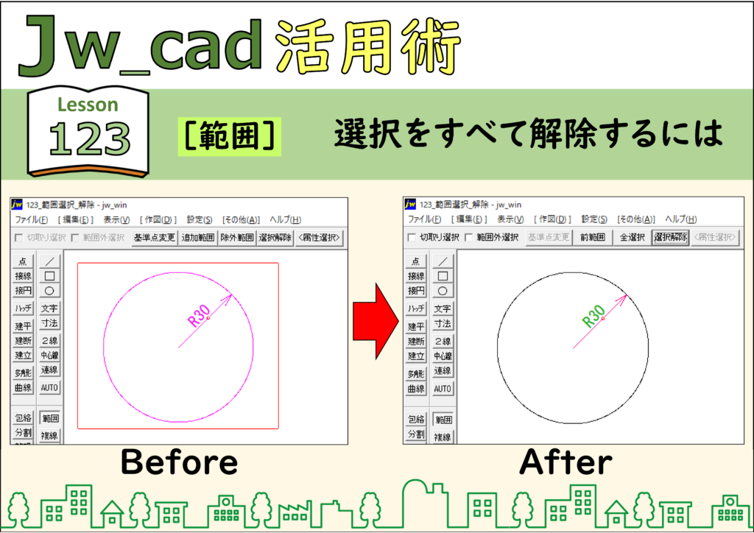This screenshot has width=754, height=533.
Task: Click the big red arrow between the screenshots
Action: pos(376,322)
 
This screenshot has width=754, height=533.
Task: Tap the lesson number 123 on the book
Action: pos(89,138)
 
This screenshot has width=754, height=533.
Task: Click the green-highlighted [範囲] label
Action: pos(230,136)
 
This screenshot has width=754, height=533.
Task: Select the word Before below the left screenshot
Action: pos(180,462)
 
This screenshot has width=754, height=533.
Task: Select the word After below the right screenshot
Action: pos(566,462)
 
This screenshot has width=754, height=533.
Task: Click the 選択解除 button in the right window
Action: pos(670,238)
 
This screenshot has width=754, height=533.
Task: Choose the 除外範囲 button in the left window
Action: pos(236,238)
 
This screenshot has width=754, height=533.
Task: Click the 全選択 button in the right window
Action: pos(632,238)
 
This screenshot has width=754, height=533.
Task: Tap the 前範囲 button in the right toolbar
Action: pos(593,238)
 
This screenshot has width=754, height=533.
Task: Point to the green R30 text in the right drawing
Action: pos(593,316)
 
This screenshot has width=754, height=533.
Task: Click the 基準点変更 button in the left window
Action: pos(154,238)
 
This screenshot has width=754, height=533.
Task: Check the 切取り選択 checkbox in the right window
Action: pos(412,238)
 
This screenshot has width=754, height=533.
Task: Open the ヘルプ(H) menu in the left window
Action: pos(285,219)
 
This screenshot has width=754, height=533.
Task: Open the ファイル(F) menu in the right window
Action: pos(424,219)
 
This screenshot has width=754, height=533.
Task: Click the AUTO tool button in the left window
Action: pos(49,387)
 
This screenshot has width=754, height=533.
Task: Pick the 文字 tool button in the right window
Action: pos(443,308)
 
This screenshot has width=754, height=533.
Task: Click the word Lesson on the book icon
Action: pos(88,105)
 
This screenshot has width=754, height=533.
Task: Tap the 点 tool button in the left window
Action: pos(23,261)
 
